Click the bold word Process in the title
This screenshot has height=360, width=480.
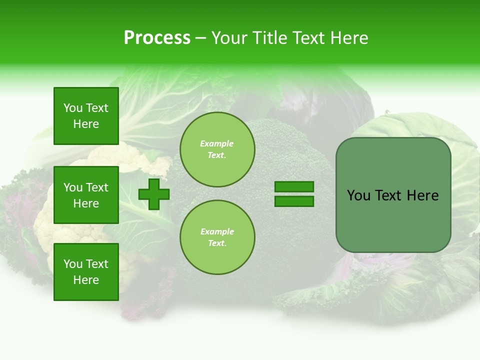pos(157,38)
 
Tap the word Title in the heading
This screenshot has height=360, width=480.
pos(269,38)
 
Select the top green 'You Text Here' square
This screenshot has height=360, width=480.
pos(86,116)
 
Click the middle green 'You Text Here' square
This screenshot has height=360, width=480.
pos(86,195)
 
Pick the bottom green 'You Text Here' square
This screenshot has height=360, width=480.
pos(86,272)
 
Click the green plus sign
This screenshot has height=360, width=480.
pos(153,193)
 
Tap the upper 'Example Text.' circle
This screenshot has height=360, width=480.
pos(217,149)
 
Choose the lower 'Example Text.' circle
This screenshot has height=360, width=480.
pos(217,237)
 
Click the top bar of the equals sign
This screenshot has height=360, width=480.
pos(294,186)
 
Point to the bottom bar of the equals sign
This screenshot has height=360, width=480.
pos(294,201)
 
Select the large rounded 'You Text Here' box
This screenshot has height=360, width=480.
pos(393,195)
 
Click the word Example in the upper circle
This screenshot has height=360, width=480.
pos(217,144)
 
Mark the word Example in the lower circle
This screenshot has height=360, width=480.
pos(217,232)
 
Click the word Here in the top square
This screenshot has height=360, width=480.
pos(86,124)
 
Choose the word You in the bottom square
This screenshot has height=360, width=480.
pos(73,264)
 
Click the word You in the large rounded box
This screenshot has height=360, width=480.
pos(358,195)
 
